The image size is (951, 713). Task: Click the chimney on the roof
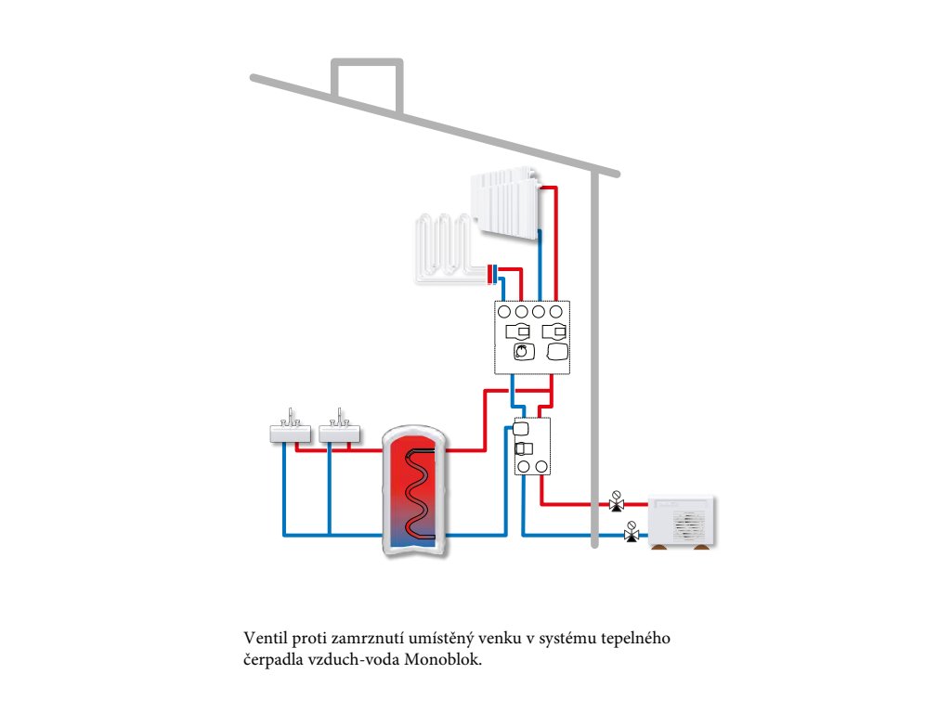point(368,82)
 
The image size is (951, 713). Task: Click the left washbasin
point(289,433)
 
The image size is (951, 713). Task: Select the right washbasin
point(338,433)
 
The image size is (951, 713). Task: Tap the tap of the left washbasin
point(292,414)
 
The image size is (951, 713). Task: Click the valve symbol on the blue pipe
point(632,533)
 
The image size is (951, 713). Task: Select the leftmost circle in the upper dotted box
point(503,312)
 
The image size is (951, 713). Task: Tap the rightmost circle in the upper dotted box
point(556,312)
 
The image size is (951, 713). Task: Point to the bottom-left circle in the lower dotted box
point(523,465)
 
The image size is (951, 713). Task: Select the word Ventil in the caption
point(262,640)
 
